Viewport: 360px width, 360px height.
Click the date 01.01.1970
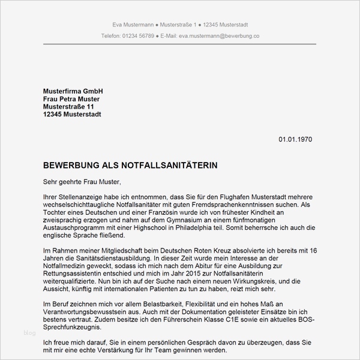[x=295, y=139]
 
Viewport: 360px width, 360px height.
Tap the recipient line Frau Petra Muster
[x=71, y=98]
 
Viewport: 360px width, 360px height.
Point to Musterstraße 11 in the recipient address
[x=69, y=106]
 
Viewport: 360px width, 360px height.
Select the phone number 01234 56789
[x=137, y=36]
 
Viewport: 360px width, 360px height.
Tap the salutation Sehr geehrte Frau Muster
[x=82, y=181]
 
